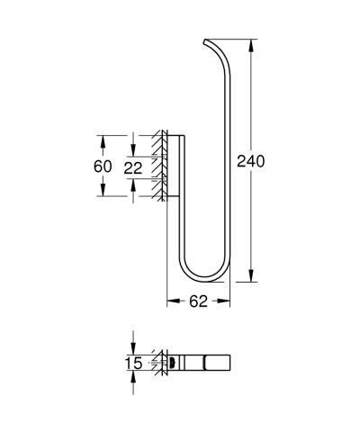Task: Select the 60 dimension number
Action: click(x=103, y=167)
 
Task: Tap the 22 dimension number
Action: click(x=134, y=167)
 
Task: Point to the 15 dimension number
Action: click(x=134, y=364)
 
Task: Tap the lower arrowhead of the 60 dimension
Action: click(x=103, y=194)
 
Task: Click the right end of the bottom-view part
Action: click(x=223, y=364)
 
